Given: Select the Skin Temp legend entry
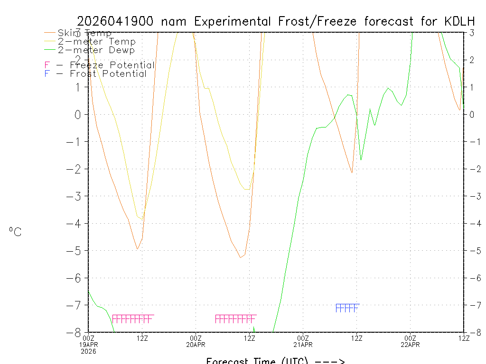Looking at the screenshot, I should [x=84, y=33].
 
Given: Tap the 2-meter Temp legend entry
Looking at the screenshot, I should [x=96, y=42].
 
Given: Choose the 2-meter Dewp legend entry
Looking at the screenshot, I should [x=96, y=50].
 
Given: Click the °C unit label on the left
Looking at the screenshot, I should [x=15, y=232].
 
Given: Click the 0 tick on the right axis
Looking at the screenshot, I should [x=472, y=114].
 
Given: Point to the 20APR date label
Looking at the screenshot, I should [x=196, y=345].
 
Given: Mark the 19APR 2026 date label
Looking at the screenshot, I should [x=89, y=348].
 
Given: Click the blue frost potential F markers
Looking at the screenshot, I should [x=346, y=308].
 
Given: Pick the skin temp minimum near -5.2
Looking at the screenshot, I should [x=241, y=257].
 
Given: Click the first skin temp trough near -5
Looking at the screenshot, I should [x=137, y=249].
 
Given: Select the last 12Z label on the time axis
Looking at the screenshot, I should [x=464, y=338].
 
